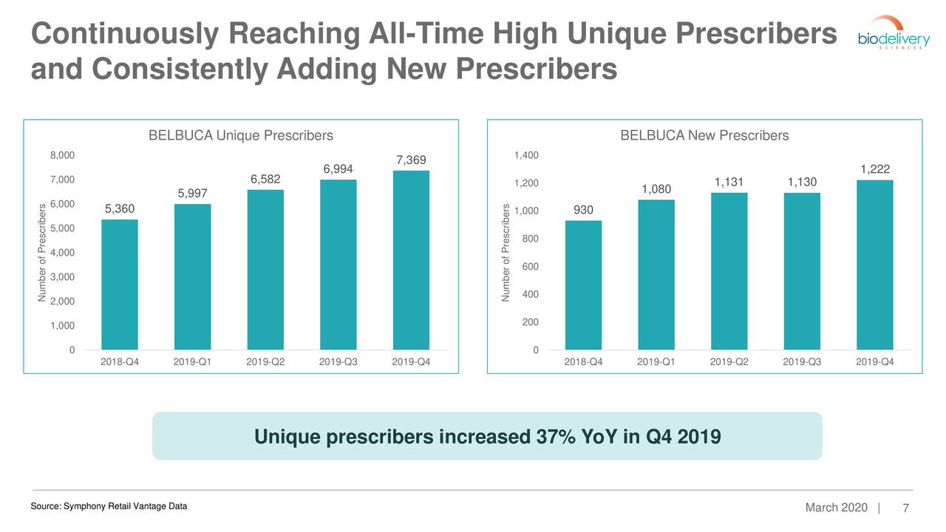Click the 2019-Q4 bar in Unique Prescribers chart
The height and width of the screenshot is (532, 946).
tap(411, 260)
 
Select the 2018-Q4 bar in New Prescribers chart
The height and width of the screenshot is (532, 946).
tap(583, 285)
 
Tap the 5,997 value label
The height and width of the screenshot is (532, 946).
tap(193, 194)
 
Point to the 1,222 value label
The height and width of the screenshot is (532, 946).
tap(875, 169)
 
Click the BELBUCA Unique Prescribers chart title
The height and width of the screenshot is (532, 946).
tap(241, 135)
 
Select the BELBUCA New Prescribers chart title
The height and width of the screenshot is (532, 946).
tap(704, 135)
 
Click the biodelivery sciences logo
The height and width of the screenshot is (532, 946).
tap(894, 34)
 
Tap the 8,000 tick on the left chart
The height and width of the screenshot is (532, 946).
tap(63, 155)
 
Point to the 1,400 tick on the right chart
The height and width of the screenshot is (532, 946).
tap(526, 155)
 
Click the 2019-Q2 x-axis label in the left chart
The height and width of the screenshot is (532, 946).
tap(265, 362)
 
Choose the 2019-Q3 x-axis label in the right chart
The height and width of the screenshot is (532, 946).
tap(802, 362)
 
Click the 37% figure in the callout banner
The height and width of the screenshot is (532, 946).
tap(556, 437)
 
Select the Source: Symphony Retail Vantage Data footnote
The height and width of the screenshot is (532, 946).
tap(109, 506)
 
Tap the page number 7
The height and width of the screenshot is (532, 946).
tap(906, 508)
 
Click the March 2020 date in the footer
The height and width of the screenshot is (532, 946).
tap(836, 508)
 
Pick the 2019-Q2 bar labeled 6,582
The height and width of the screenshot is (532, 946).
tap(265, 270)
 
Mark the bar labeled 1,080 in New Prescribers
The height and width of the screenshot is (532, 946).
tap(656, 275)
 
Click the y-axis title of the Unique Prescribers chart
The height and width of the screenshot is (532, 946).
tap(41, 253)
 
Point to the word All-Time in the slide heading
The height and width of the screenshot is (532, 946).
tap(426, 33)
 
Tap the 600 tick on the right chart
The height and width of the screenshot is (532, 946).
tap(531, 267)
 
